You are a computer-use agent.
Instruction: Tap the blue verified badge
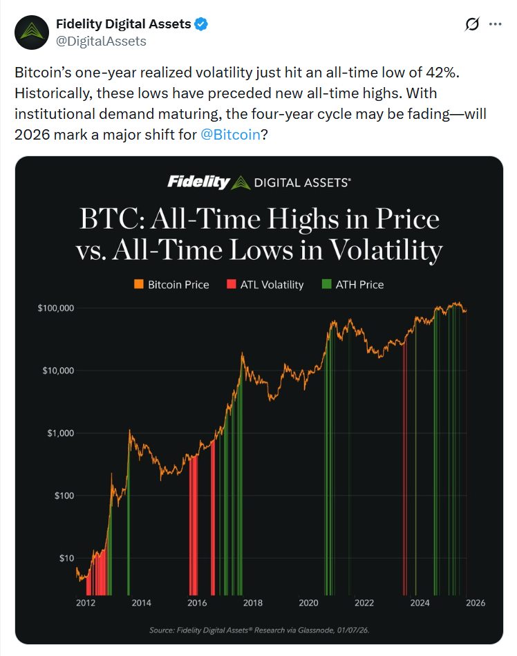click(201, 24)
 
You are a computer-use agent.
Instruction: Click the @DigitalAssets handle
click(100, 41)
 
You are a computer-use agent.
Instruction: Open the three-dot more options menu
click(495, 24)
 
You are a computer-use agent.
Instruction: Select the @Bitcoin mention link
click(230, 134)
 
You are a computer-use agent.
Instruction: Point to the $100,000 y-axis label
click(57, 308)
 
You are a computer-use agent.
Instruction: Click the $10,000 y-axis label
click(59, 371)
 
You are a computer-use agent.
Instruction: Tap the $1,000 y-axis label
click(61, 433)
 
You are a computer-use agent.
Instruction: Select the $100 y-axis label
click(63, 496)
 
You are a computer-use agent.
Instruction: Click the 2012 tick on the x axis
click(86, 603)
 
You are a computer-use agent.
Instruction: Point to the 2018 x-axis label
click(253, 603)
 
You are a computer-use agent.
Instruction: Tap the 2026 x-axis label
click(475, 603)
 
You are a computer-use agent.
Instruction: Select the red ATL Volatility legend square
click(232, 284)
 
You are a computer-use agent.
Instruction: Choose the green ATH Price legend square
click(327, 284)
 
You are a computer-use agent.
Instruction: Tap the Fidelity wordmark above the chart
click(198, 182)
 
